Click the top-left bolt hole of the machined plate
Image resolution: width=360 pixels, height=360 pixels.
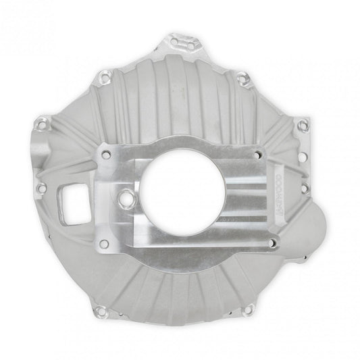click(105, 155)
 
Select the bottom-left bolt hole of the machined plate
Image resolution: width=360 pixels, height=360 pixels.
click(103, 242)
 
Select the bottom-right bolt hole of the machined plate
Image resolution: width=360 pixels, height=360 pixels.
click(271, 242)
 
